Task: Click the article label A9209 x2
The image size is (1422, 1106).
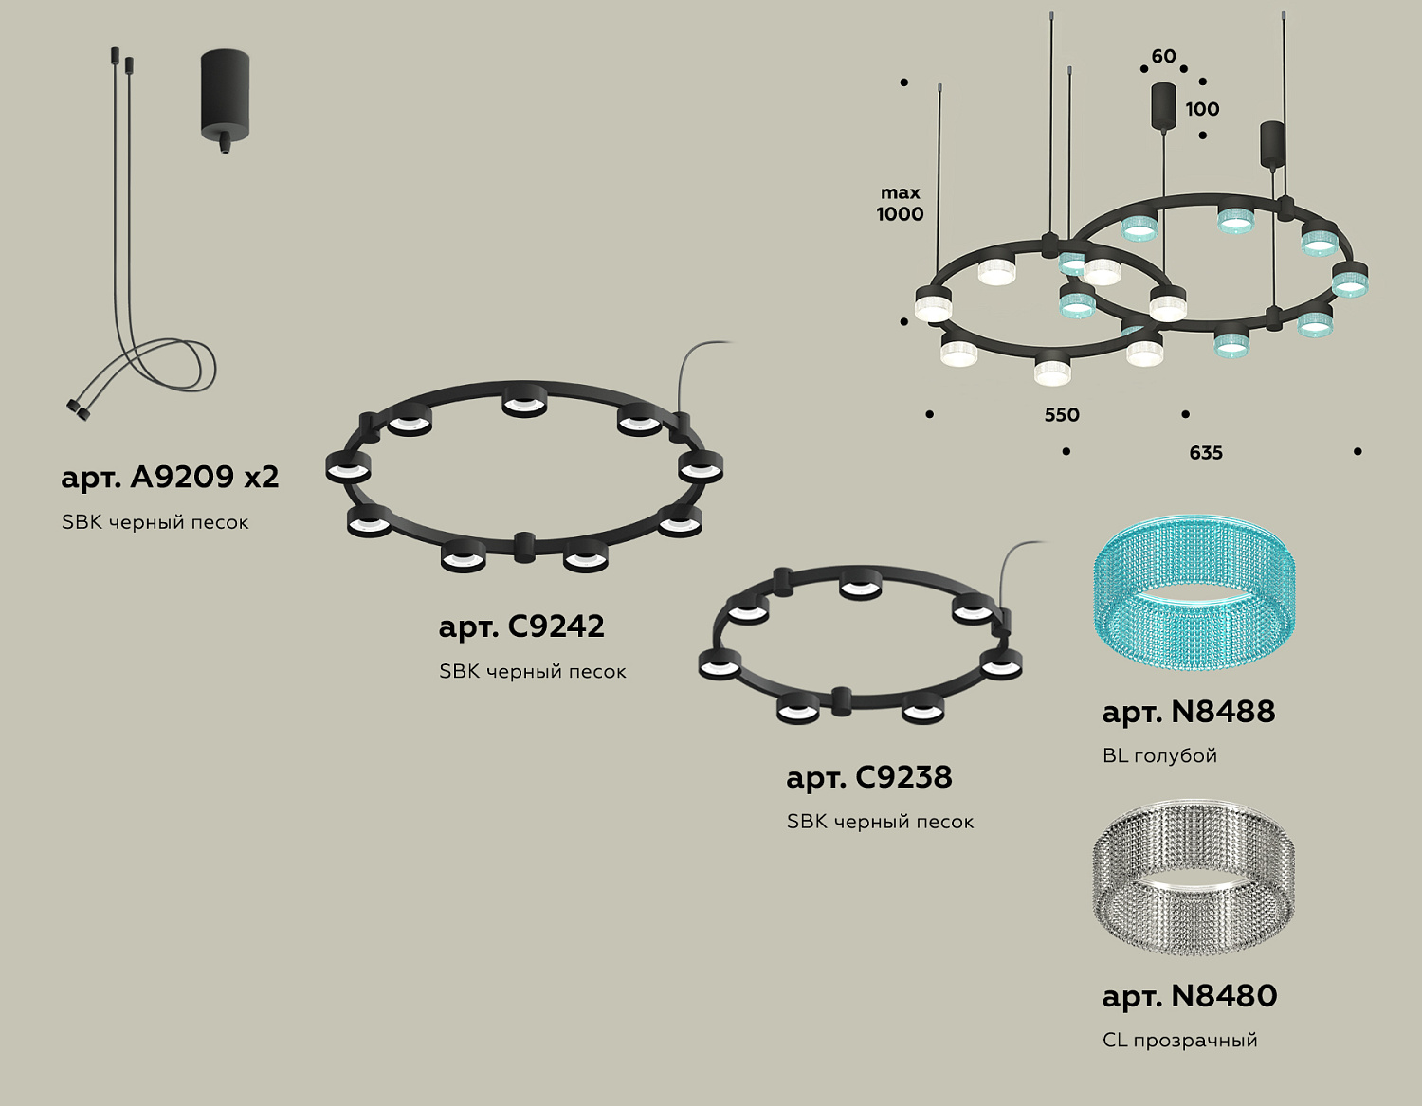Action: [x=170, y=477]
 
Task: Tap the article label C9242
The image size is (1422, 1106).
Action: [x=521, y=626]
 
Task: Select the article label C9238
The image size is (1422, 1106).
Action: [x=868, y=777]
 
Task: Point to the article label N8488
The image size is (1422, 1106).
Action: [x=1188, y=712]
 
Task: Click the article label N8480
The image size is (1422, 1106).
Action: [x=1189, y=996]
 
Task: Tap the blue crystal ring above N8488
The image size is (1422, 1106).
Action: [x=1194, y=597]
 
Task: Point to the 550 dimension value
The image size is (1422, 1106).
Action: [x=1062, y=415]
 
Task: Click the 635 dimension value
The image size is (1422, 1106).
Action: [x=1206, y=453]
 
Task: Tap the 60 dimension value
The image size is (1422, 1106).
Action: [x=1163, y=57]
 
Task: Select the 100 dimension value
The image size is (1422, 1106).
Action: [x=1202, y=109]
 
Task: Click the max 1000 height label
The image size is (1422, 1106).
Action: [x=900, y=204]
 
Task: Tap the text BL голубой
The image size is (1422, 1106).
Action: [x=1159, y=756]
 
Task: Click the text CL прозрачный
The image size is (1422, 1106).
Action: [x=1179, y=1041]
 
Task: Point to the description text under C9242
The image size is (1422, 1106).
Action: [x=532, y=672]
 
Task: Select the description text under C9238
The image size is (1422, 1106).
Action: [x=880, y=822]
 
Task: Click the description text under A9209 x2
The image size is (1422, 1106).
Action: [x=155, y=522]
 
